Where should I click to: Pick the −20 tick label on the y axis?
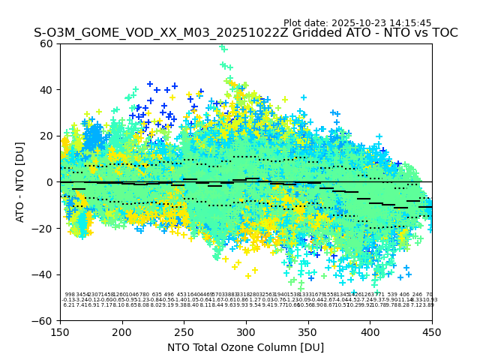(x=45, y=228)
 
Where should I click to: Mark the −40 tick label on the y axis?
(x=45, y=274)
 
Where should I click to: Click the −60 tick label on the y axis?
(x=45, y=320)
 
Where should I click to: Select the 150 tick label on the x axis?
(x=60, y=331)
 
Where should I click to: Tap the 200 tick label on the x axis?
(x=122, y=331)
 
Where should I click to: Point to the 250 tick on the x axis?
(x=184, y=331)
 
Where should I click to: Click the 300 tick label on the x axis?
(x=246, y=331)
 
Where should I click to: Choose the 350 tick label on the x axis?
(x=308, y=331)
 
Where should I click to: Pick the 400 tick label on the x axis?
(x=370, y=331)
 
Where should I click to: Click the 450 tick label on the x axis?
(x=432, y=331)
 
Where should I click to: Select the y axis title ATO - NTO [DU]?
(x=21, y=182)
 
